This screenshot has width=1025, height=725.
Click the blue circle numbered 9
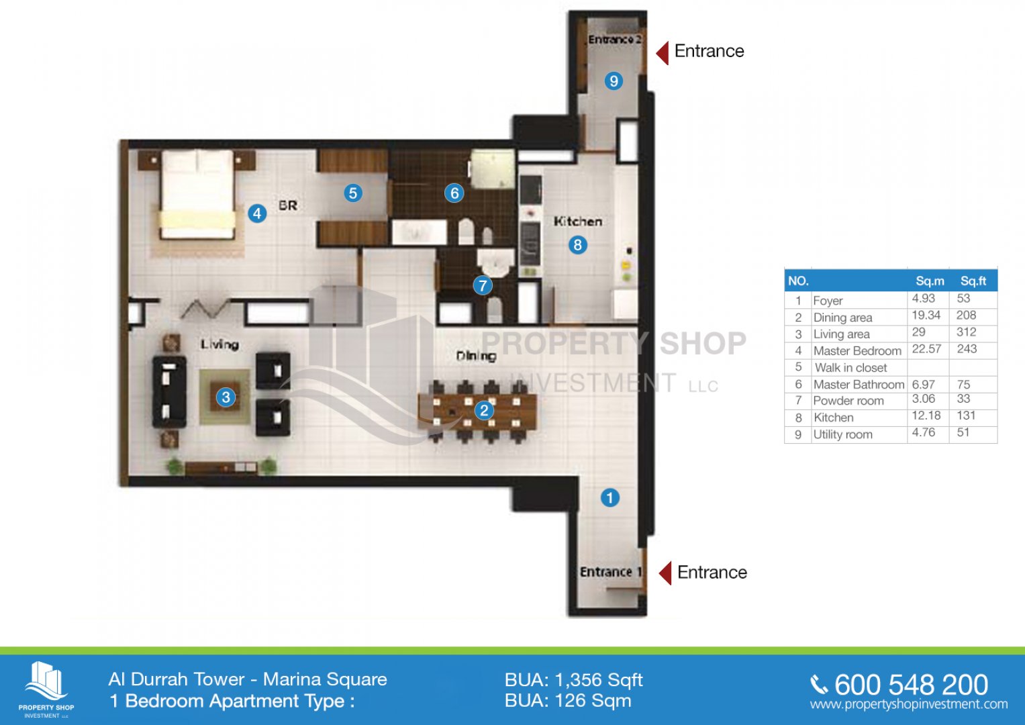[x=614, y=81]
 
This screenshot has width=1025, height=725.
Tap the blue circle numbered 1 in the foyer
[x=610, y=497]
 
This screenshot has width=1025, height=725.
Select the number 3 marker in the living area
[x=226, y=397]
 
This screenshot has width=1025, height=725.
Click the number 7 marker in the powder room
[x=483, y=285]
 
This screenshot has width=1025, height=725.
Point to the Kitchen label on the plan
[x=577, y=222]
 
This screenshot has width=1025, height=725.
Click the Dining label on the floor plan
[x=477, y=356]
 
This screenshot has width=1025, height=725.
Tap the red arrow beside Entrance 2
[x=662, y=52]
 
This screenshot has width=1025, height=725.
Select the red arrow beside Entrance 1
[x=665, y=573]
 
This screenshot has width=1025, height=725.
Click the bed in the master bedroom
[x=197, y=195]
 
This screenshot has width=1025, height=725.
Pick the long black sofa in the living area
[x=169, y=391]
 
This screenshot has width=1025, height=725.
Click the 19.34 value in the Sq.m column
[x=926, y=316]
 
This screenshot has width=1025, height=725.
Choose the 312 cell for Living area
[x=966, y=332]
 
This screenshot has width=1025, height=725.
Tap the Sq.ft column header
[x=973, y=281]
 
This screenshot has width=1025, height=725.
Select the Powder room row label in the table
[x=848, y=401]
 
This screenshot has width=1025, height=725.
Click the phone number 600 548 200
[x=911, y=685]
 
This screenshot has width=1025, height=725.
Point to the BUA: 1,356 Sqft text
[x=574, y=680]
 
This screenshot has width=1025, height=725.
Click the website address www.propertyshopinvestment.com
[x=909, y=704]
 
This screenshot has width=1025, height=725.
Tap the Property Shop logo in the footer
[x=46, y=689]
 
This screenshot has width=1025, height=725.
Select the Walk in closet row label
[x=850, y=368]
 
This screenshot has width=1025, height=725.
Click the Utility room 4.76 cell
[x=924, y=432]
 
